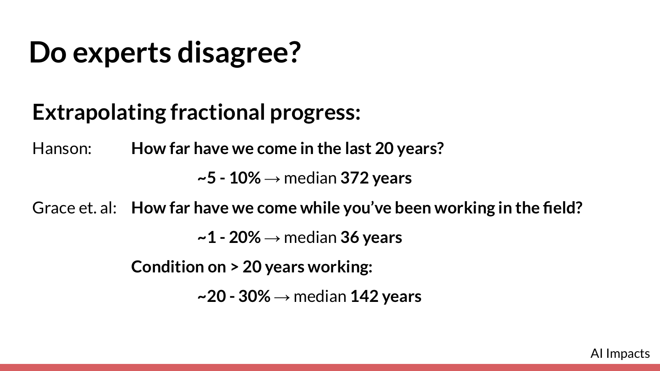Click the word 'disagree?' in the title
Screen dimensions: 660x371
(239, 53)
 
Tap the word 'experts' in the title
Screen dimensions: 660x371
(122, 54)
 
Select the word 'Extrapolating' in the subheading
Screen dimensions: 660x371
(99, 112)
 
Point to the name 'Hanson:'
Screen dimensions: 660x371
(62, 148)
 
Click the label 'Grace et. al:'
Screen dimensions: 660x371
(74, 208)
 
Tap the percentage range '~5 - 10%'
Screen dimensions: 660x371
(229, 178)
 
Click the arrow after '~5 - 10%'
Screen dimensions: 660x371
(272, 179)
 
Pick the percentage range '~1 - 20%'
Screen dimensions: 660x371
(229, 237)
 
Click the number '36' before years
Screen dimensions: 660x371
(350, 237)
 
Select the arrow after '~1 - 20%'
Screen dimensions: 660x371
(272, 238)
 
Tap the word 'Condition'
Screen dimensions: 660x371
(167, 267)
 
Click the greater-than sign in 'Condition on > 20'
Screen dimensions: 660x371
(235, 267)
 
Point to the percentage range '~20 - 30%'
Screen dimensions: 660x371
(234, 296)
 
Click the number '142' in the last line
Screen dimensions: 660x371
(364, 296)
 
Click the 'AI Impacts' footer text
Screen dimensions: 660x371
(620, 353)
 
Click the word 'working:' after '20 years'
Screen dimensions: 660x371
(340, 267)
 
